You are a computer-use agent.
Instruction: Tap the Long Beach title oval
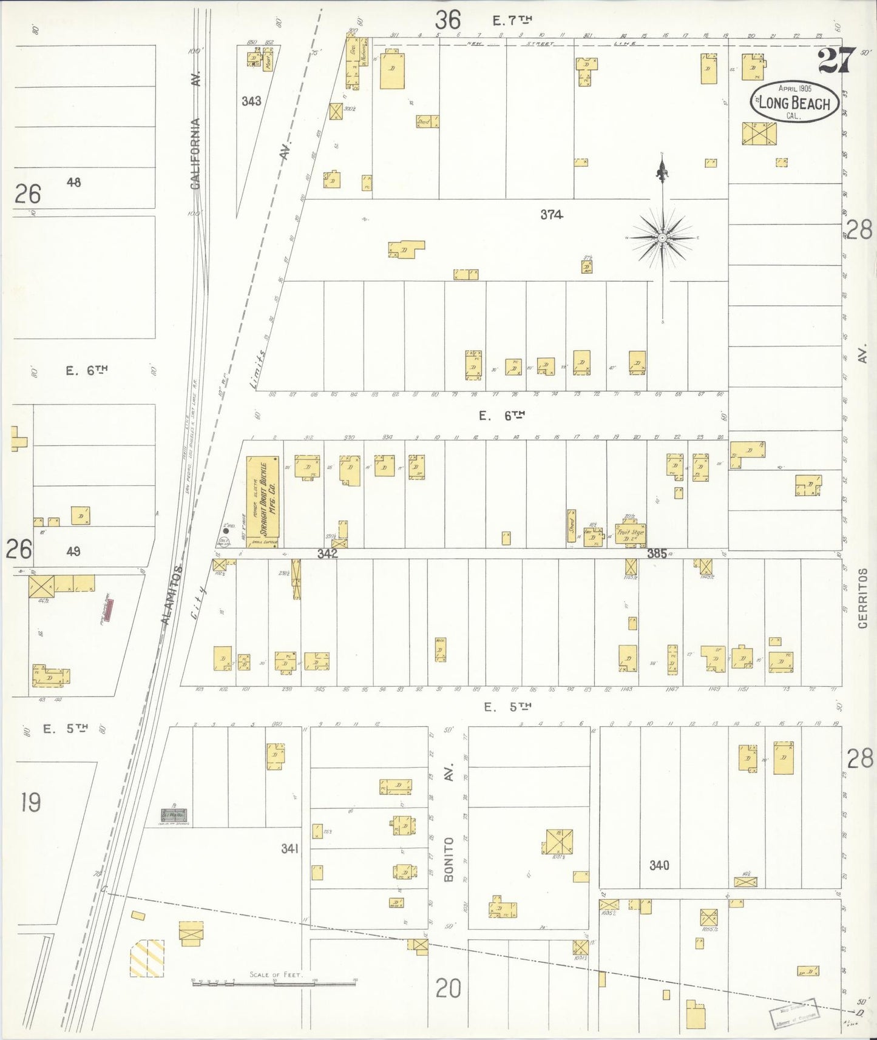pyautogui.click(x=795, y=102)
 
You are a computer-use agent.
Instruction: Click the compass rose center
pyautogui.click(x=663, y=238)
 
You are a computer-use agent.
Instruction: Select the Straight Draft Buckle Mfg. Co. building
pyautogui.click(x=263, y=502)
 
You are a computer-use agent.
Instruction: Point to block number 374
pyautogui.click(x=552, y=214)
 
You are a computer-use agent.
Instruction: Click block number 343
pyautogui.click(x=251, y=101)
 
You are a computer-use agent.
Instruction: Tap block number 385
pyautogui.click(x=657, y=553)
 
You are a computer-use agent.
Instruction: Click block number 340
pyautogui.click(x=659, y=865)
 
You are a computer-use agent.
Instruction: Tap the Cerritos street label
pyautogui.click(x=863, y=598)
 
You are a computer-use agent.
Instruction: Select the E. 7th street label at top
pyautogui.click(x=512, y=21)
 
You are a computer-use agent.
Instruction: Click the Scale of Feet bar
pyautogui.click(x=274, y=981)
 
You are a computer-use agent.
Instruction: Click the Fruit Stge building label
pyautogui.click(x=630, y=535)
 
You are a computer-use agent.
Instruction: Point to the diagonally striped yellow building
pyautogui.click(x=147, y=958)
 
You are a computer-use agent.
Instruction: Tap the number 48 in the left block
pyautogui.click(x=74, y=182)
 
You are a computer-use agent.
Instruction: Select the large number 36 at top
pyautogui.click(x=448, y=21)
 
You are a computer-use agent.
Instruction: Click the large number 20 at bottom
pyautogui.click(x=448, y=989)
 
